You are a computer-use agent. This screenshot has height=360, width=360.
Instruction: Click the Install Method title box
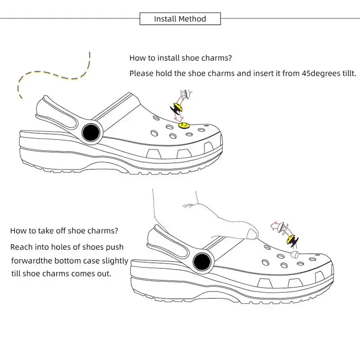(x=180, y=19)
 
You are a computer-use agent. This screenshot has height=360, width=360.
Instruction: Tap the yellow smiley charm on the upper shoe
(x=183, y=125)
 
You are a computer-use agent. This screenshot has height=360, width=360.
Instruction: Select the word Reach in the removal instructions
(x=21, y=247)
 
